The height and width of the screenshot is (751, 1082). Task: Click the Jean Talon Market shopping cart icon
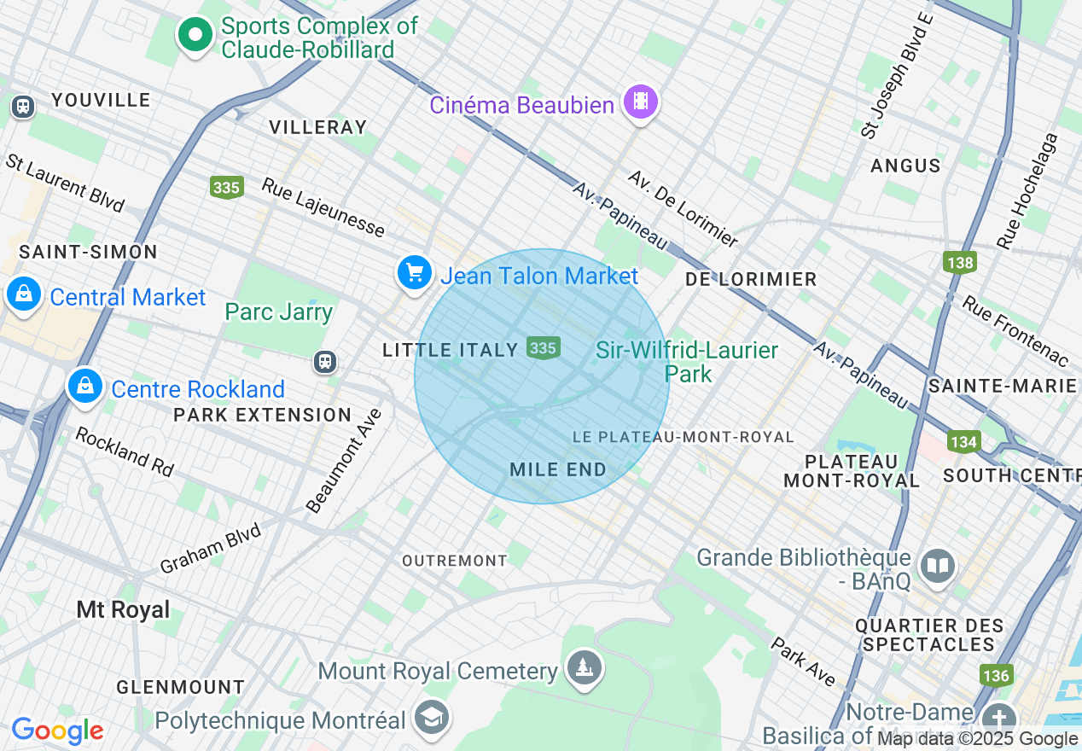coord(415,273)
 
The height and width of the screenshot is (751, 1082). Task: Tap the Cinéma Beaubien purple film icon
coord(640,102)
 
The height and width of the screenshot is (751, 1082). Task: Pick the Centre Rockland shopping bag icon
coord(85,387)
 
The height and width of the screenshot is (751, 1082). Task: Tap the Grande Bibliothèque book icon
coord(938,565)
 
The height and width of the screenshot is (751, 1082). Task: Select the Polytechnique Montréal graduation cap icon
coord(432,719)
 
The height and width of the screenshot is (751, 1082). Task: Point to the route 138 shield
coord(960,262)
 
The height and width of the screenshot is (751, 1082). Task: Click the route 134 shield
coord(963,441)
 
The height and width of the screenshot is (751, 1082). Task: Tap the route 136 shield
coord(996,676)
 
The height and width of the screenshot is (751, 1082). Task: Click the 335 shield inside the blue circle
coord(543,348)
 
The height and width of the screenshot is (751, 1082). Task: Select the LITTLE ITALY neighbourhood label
coord(450,350)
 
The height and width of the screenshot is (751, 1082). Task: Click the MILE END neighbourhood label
coord(557,469)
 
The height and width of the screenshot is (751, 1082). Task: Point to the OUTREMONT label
coord(455,561)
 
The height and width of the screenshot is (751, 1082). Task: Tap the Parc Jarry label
coord(278,312)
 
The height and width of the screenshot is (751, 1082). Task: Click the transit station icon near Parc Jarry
coord(324,361)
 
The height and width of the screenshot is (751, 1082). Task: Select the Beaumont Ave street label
coord(344,462)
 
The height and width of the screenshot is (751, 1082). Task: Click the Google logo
coord(57,731)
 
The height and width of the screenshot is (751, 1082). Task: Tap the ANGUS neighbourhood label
coord(905,166)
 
